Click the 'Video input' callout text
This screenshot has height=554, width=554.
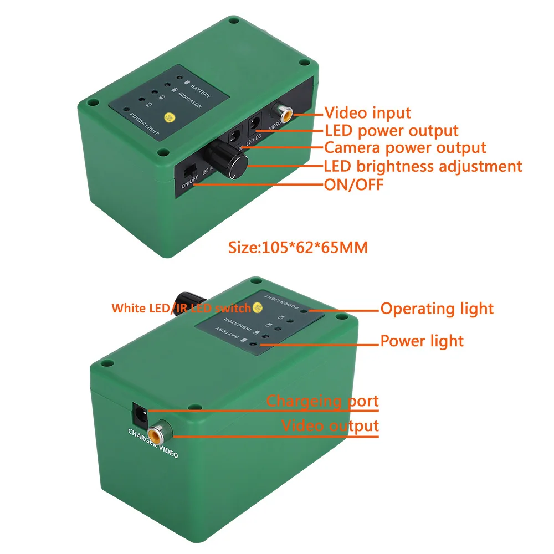pyautogui.click(x=367, y=113)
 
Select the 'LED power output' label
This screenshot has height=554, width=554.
pyautogui.click(x=391, y=131)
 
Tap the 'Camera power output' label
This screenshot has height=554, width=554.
pyautogui.click(x=405, y=148)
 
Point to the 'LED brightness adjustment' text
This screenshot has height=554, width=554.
pyautogui.click(x=423, y=166)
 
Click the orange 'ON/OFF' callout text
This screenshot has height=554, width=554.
pyautogui.click(x=353, y=184)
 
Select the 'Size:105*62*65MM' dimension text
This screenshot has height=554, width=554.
pyautogui.click(x=298, y=247)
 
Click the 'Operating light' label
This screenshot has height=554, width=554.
pyautogui.click(x=437, y=309)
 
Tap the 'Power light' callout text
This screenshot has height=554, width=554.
pyautogui.click(x=422, y=341)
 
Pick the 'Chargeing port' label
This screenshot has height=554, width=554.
pyautogui.click(x=322, y=401)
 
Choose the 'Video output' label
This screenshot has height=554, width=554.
pyautogui.click(x=330, y=426)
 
